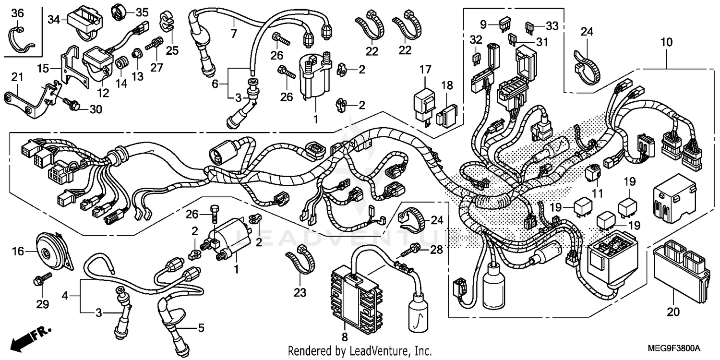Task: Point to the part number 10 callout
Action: (x=666, y=43)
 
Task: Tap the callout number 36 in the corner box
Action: (x=17, y=13)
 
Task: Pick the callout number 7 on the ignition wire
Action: (x=234, y=34)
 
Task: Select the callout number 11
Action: (x=597, y=194)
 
